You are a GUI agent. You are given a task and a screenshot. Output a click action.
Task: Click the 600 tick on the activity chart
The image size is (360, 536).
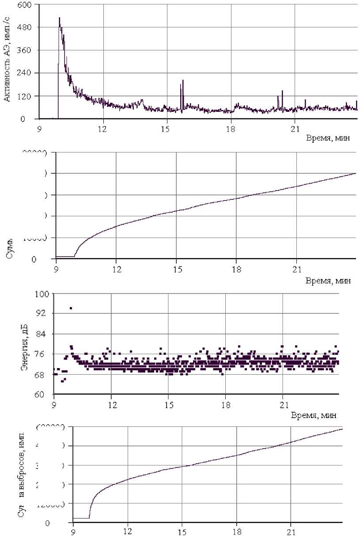[25, 5]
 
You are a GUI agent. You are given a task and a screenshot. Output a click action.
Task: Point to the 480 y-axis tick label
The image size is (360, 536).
[25, 27]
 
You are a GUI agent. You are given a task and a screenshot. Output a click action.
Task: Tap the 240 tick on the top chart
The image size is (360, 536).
[25, 73]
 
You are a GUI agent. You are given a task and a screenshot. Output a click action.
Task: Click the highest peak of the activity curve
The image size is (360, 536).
[59, 18]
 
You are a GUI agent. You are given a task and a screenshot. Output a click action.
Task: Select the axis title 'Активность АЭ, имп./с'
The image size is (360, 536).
[8, 60]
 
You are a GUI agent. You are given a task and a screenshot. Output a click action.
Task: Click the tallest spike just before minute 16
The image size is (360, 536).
[183, 80]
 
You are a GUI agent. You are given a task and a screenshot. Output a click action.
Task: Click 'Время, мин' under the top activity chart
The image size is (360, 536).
[328, 138]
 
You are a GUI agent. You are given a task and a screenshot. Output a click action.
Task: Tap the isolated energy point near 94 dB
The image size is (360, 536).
[71, 308]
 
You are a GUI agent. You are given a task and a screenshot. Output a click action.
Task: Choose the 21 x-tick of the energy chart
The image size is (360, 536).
[283, 403]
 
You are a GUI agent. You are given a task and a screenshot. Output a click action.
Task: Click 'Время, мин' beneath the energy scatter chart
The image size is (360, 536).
[315, 415]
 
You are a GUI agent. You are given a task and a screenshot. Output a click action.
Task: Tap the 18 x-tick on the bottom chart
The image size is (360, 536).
[236, 532]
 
